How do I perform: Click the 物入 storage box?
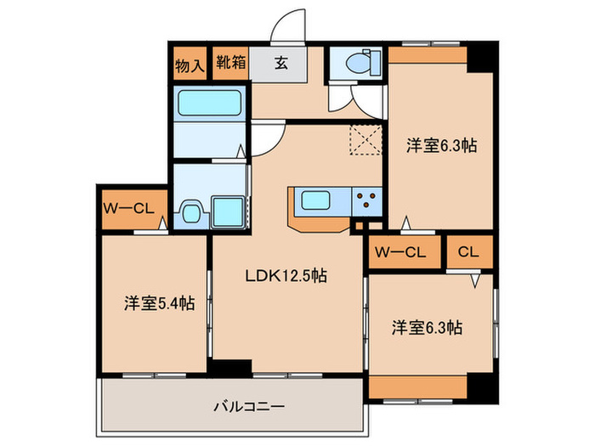tap(190, 64)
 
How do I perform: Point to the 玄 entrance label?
tap(280, 63)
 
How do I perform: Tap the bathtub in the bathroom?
tap(209, 104)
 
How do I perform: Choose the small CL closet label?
tap(467, 251)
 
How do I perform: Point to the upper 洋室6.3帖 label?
tap(440, 145)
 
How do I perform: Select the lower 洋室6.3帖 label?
tap(427, 326)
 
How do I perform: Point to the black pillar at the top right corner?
tap(482, 58)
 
